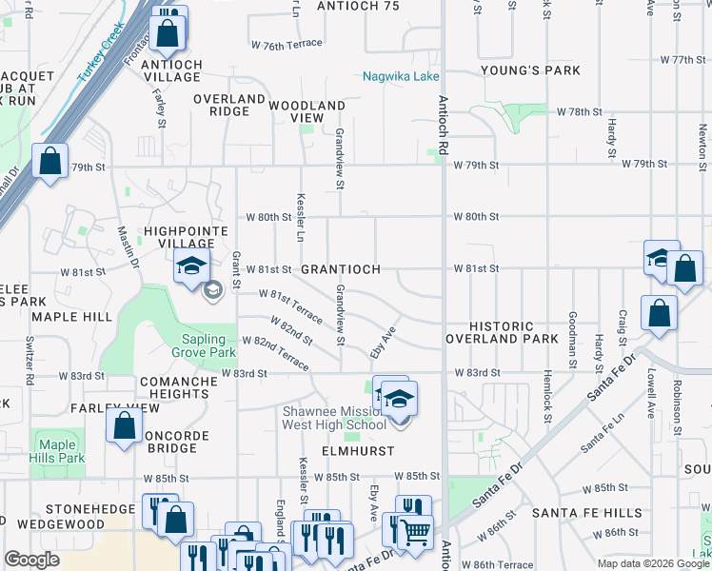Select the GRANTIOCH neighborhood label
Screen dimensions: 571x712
point(341,269)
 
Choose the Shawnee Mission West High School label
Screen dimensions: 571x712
point(333,418)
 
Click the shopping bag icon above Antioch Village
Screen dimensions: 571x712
point(168,31)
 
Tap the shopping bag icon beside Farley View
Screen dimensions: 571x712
point(124,425)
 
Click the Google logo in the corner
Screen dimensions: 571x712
point(31,559)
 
